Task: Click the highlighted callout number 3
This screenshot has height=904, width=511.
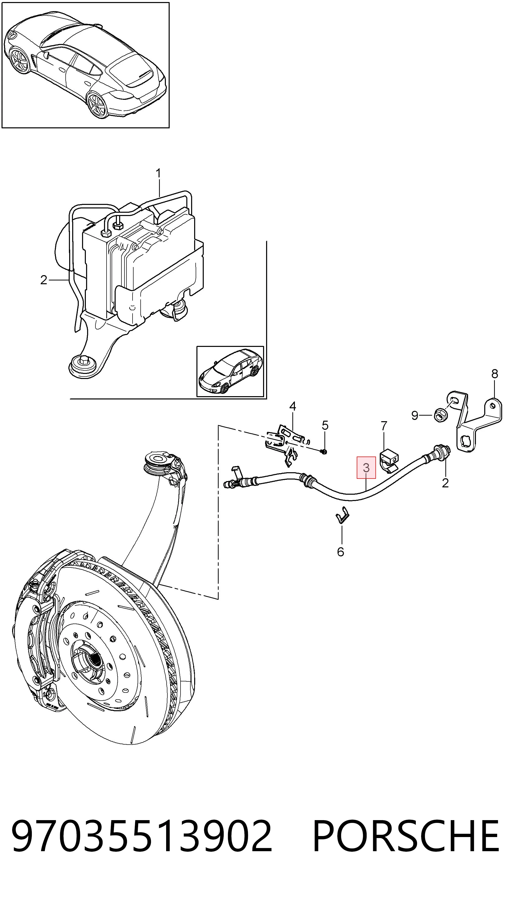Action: pyautogui.click(x=366, y=467)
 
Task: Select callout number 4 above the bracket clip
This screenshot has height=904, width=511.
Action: pyautogui.click(x=293, y=406)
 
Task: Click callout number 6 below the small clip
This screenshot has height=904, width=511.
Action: pyautogui.click(x=340, y=552)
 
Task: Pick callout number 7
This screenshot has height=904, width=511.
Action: pyautogui.click(x=384, y=426)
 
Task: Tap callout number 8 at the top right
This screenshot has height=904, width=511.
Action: pyautogui.click(x=495, y=374)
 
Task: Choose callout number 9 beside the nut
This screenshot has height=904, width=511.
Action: pyautogui.click(x=415, y=416)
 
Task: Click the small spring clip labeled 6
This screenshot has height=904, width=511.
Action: pyautogui.click(x=342, y=516)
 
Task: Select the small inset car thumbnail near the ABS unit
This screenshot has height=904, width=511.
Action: pyautogui.click(x=230, y=371)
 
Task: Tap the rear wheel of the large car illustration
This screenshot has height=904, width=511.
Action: pyautogui.click(x=97, y=104)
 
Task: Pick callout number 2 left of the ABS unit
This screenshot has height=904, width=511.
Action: pyautogui.click(x=43, y=280)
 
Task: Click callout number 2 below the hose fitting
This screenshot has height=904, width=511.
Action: pyautogui.click(x=445, y=483)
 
